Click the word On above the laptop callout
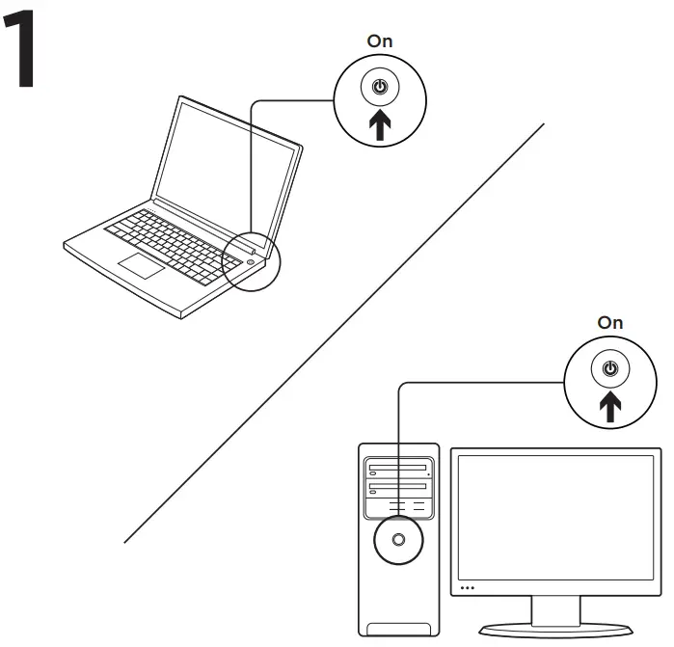click(x=380, y=41)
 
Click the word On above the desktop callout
click(x=610, y=323)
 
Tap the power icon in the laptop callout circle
click(x=380, y=88)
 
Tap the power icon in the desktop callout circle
click(x=609, y=369)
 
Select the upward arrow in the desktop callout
click(x=609, y=407)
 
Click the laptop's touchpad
click(x=142, y=266)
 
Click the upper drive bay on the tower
click(x=397, y=471)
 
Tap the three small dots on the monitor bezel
click(x=468, y=587)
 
